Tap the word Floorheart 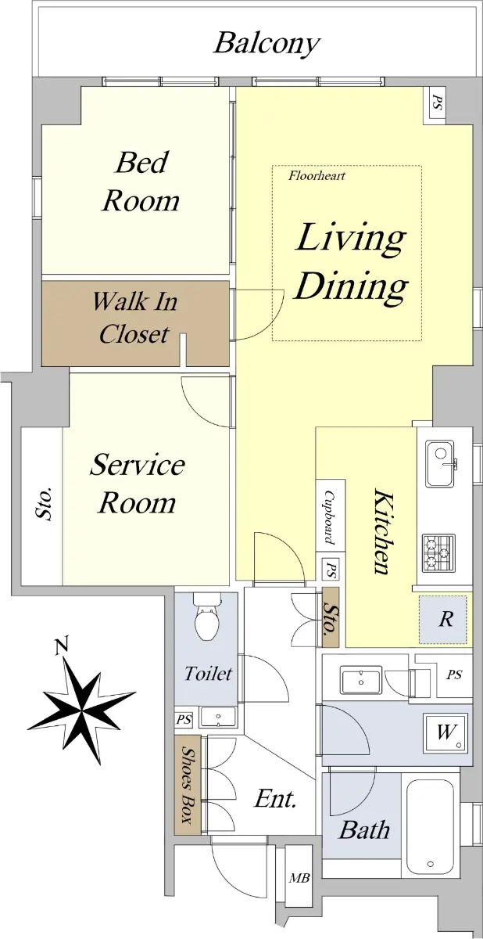click(x=317, y=175)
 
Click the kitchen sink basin click(x=440, y=463)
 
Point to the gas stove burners click(x=438, y=554)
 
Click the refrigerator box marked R click(x=443, y=620)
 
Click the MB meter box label click(x=299, y=877)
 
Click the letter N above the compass click(x=61, y=646)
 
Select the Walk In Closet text click(x=134, y=318)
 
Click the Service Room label click(x=137, y=484)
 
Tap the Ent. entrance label click(x=275, y=799)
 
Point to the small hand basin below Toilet click(x=217, y=718)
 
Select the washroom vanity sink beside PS click(x=361, y=680)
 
